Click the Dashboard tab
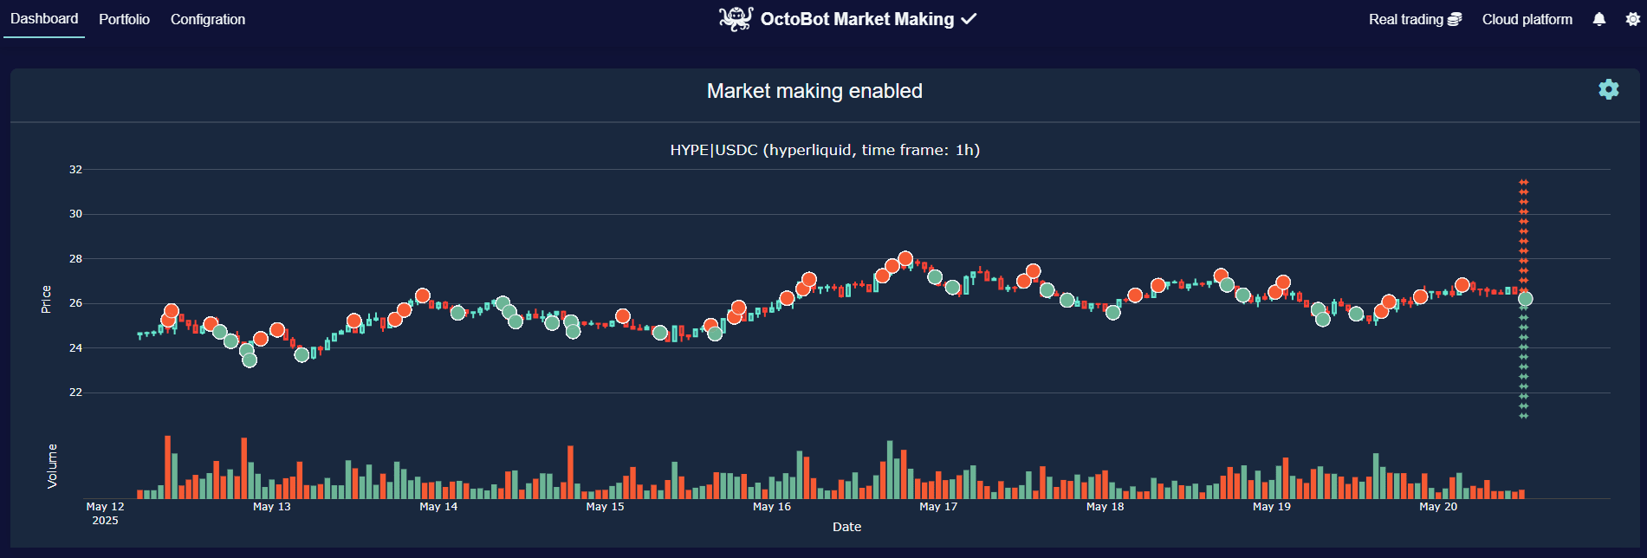(x=44, y=19)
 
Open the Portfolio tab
(x=124, y=19)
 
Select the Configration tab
(x=208, y=19)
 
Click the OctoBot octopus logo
(x=736, y=19)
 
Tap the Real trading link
(x=1415, y=19)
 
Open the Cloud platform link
(x=1527, y=19)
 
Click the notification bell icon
(x=1599, y=19)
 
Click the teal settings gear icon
(x=1609, y=89)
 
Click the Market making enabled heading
(x=814, y=91)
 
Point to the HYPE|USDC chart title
(x=825, y=150)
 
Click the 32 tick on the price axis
(x=76, y=170)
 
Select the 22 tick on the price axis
(x=76, y=393)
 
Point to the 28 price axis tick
(x=76, y=259)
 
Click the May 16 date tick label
(x=772, y=507)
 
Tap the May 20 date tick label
(x=1438, y=507)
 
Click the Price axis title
(x=46, y=299)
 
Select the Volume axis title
(x=52, y=466)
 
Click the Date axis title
(x=846, y=527)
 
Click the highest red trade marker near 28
(x=905, y=258)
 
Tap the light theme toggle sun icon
(x=1632, y=19)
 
